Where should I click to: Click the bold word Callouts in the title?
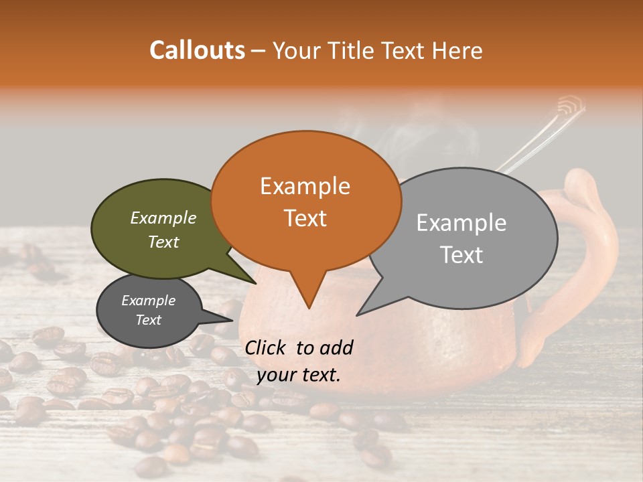[x=197, y=50]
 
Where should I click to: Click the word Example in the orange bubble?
[x=305, y=186]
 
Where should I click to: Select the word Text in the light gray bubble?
[x=462, y=255]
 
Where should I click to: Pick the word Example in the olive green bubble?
[x=163, y=218]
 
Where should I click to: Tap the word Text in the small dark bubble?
[x=149, y=320]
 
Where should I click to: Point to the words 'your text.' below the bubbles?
[x=299, y=375]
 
